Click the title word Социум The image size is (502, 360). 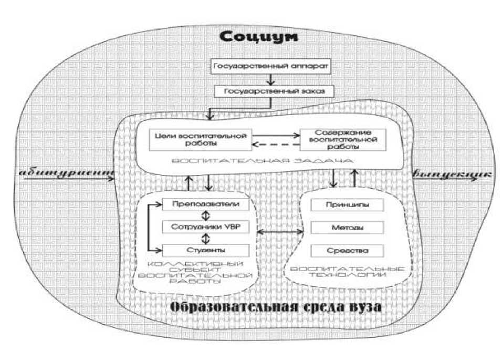[258, 37]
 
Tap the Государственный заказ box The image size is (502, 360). [271, 90]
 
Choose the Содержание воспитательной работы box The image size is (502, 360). [342, 139]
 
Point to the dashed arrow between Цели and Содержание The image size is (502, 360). [275, 146]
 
